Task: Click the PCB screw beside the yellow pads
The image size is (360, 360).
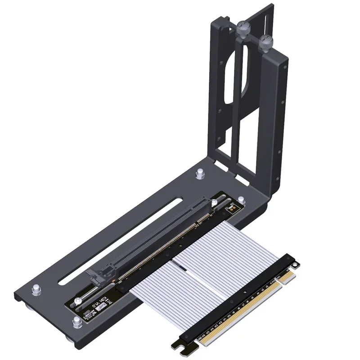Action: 215,202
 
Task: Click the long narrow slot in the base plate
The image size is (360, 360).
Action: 121,243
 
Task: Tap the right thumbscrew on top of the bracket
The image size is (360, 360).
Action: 266,43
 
